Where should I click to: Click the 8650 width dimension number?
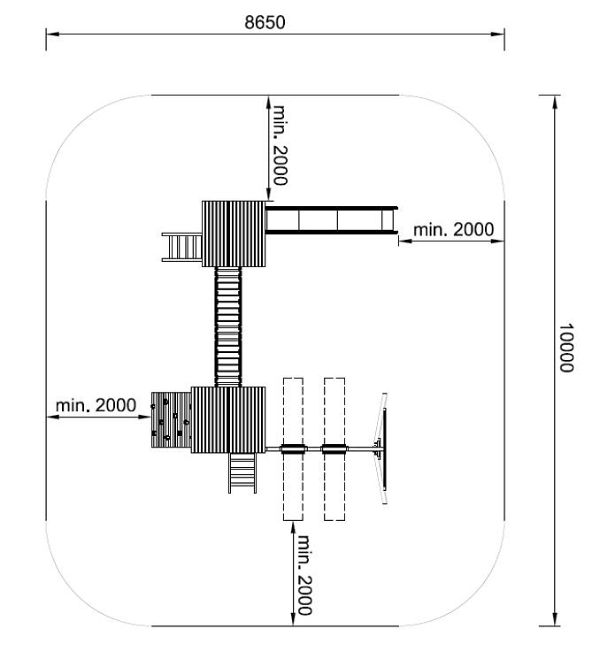click(x=265, y=22)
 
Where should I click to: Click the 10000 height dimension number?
click(x=566, y=348)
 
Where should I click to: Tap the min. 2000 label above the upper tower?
click(x=280, y=145)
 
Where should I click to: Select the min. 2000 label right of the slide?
click(x=453, y=230)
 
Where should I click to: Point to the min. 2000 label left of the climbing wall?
click(x=96, y=405)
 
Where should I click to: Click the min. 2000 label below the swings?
click(x=304, y=575)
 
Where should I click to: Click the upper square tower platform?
click(x=234, y=234)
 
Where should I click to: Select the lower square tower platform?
click(x=228, y=420)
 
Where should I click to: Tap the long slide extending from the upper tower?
click(x=332, y=220)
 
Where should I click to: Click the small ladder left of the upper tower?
click(x=181, y=247)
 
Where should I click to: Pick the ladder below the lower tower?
click(x=242, y=473)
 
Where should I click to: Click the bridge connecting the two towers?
click(x=228, y=326)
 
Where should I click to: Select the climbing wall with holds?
click(x=172, y=419)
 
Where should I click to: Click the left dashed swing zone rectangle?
click(x=293, y=448)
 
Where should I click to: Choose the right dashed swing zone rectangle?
click(x=334, y=448)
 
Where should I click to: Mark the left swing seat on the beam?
click(x=293, y=448)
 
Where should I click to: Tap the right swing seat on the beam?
click(x=334, y=448)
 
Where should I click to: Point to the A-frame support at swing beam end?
click(x=381, y=448)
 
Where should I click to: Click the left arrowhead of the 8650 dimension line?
click(x=51, y=34)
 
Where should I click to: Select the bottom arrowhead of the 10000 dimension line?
click(x=555, y=619)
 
